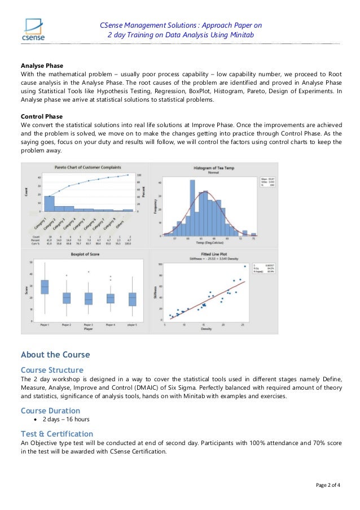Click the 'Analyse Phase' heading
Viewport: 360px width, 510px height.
click(42, 66)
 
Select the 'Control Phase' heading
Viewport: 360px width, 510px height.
click(42, 116)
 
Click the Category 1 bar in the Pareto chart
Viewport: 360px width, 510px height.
click(50, 204)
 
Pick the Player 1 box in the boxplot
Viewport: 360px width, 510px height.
click(45, 287)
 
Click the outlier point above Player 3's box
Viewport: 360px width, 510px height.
click(88, 272)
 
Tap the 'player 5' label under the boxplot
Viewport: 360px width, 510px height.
click(132, 325)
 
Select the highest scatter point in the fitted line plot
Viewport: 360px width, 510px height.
click(244, 267)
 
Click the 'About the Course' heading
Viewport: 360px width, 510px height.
click(55, 355)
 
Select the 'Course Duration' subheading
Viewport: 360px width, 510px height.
click(50, 411)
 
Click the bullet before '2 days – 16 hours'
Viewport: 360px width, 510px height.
click(36, 420)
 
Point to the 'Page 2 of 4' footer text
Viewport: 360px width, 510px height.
click(327, 485)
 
